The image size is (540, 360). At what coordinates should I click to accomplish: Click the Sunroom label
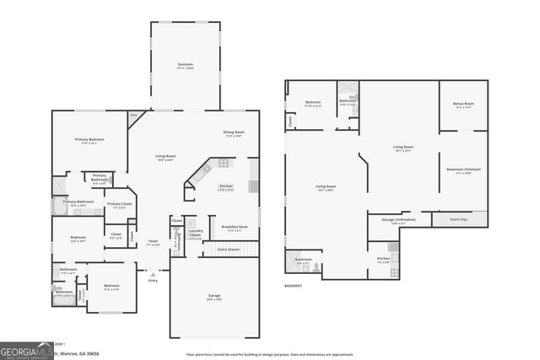[x=185, y=64]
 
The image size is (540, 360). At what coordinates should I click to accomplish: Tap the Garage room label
[x=214, y=296]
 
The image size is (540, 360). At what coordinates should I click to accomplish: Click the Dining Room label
[x=234, y=132]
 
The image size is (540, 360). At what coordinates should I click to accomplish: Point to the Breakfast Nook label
[x=234, y=226]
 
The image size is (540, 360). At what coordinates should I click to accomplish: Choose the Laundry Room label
[x=195, y=232]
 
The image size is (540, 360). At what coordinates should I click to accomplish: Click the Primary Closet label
[x=119, y=204]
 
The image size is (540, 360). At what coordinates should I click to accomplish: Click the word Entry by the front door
[x=153, y=280]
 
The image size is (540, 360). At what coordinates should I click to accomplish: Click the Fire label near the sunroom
[x=133, y=115]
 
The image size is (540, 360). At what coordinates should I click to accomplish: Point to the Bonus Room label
[x=463, y=105]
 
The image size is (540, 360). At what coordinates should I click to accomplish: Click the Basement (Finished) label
[x=462, y=169]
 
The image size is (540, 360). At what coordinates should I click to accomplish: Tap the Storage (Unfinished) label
[x=399, y=221]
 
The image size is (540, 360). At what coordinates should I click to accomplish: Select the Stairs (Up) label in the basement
[x=459, y=219]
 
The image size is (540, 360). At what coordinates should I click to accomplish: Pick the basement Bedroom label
[x=312, y=103]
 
